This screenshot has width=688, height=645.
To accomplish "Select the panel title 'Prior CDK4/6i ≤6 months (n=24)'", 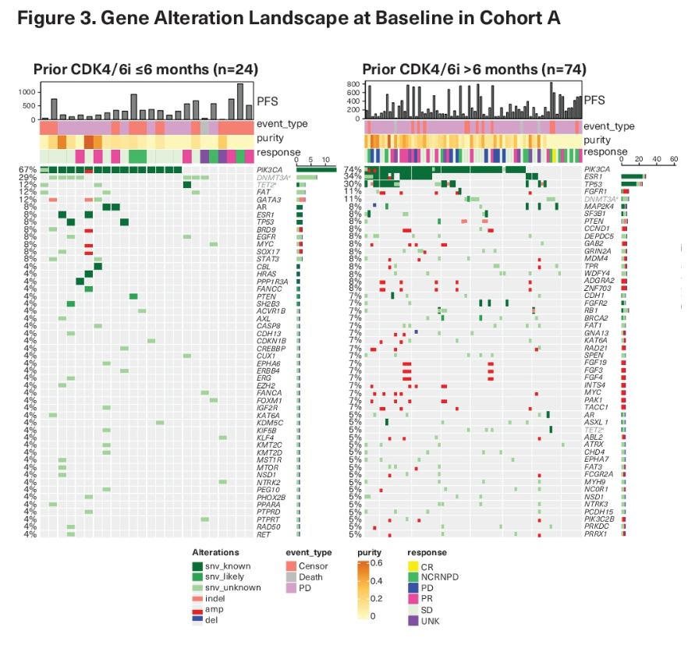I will click(146, 69).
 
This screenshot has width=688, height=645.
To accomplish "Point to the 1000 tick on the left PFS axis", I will click(27, 92).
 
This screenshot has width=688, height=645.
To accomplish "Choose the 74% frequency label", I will click(354, 169).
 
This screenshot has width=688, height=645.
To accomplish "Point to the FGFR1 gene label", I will click(596, 192).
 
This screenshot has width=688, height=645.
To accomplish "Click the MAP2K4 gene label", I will click(598, 207).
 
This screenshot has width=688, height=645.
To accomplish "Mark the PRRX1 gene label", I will click(596, 534).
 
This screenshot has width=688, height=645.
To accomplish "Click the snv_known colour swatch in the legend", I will click(201, 565).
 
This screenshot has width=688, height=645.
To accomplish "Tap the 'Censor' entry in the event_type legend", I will click(326, 565).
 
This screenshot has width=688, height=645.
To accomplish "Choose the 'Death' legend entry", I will click(324, 576).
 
